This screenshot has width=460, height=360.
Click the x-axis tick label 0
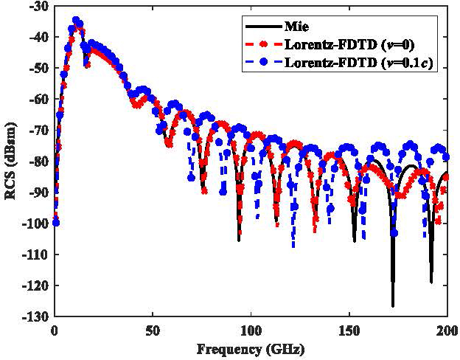55,329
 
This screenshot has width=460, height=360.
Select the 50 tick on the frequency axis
153,329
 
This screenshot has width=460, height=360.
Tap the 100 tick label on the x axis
251,329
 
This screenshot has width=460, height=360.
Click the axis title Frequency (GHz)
251,347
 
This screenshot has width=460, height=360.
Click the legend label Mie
304,26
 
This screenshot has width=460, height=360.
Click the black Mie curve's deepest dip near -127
393,304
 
